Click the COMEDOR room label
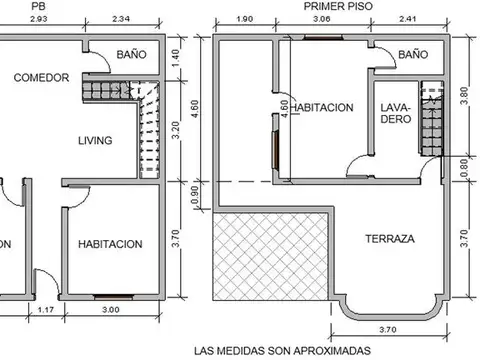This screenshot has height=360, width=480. coord(41,78)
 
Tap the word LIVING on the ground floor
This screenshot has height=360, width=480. coord(95,140)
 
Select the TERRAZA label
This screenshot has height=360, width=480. coord(389,239)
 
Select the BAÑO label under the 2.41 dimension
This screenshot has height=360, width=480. coord(412,54)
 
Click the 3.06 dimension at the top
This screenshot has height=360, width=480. coord(321,19)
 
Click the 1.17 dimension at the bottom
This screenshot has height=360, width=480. coord(45,309)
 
